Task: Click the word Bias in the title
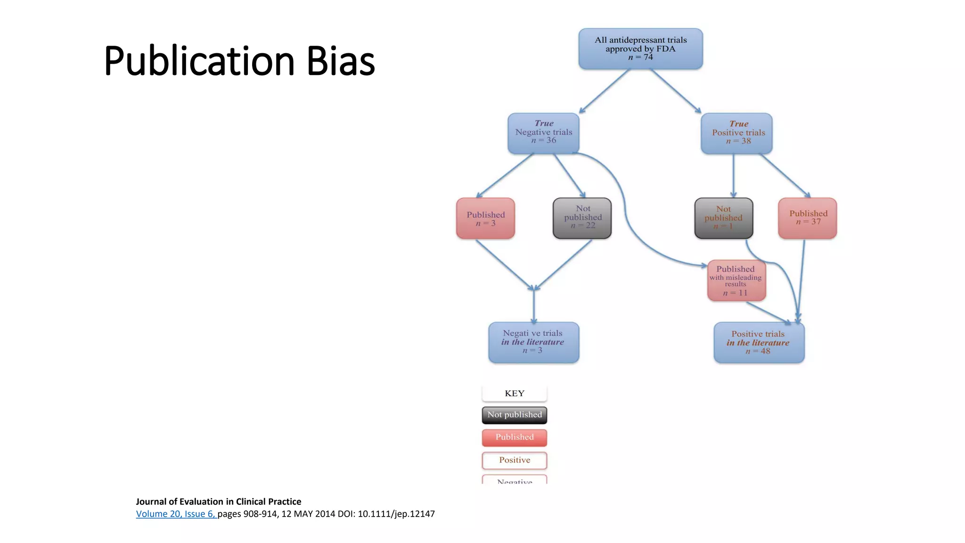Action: tap(340, 61)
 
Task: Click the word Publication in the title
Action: tap(199, 61)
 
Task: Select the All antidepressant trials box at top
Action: tap(640, 49)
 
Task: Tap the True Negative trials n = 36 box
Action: tap(543, 133)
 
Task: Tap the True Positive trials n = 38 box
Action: tap(736, 133)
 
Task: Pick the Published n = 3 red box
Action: tap(485, 218)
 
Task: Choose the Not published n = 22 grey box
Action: tap(582, 218)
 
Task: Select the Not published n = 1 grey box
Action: tap(724, 218)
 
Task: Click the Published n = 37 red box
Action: tap(807, 218)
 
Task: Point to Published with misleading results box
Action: tap(736, 280)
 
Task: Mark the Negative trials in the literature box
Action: tap(533, 343)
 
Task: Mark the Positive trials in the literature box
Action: tap(759, 343)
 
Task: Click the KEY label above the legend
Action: tap(515, 394)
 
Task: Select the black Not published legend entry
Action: tap(515, 415)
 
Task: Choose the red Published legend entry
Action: tap(515, 437)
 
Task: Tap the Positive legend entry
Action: tap(515, 461)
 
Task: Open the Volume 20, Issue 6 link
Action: tap(176, 514)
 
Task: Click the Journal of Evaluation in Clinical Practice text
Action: tap(218, 502)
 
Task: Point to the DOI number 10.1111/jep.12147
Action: tap(396, 514)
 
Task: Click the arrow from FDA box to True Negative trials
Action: tap(605, 90)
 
